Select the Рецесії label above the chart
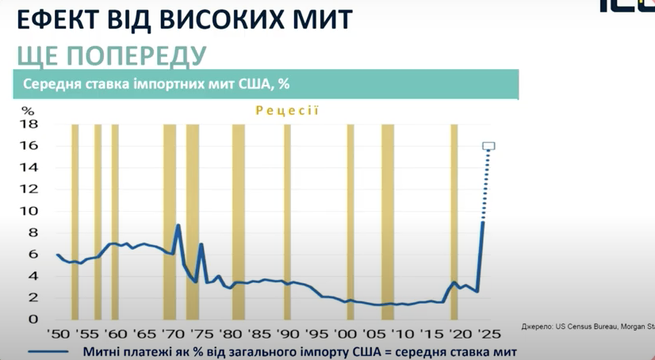point(286,110)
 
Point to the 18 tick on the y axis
point(29,124)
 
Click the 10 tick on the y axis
point(29,211)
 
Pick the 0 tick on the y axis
point(33,319)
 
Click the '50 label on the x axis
point(57,335)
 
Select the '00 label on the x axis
point(345,335)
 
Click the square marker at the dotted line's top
point(488,146)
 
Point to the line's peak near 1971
point(178,226)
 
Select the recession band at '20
point(454,222)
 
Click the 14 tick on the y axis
point(29,167)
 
